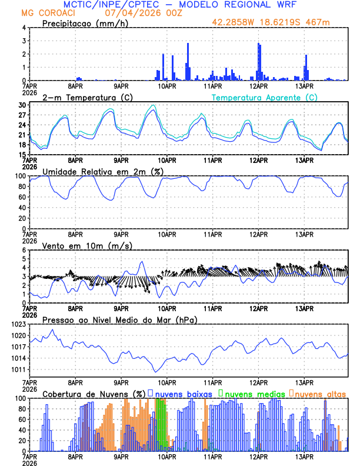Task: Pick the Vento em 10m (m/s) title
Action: [x=79, y=245]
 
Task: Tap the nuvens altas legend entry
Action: [x=319, y=394]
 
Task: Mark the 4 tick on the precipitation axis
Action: [x=24, y=28]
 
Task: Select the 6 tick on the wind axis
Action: [x=24, y=250]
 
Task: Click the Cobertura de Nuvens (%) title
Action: [x=94, y=394]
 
